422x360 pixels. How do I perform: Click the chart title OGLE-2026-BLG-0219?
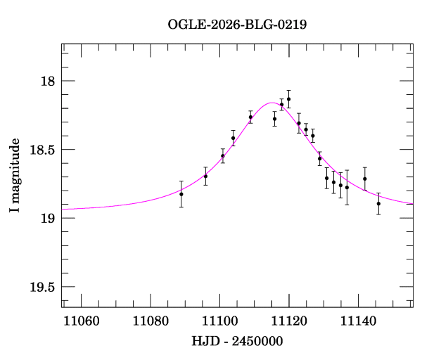237,24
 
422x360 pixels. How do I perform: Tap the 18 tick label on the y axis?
48,82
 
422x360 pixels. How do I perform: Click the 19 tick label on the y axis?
48,219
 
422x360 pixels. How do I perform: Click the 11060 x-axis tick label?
80,321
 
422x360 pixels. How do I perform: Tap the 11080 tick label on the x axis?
150,321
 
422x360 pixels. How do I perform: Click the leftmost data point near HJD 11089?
181,194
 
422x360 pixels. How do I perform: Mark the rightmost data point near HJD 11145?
378,203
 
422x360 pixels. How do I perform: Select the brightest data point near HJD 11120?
288,99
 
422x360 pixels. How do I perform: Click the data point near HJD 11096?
205,176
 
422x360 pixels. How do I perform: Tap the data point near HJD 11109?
250,117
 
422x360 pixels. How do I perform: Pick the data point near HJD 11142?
365,179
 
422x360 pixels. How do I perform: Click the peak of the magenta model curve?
271,103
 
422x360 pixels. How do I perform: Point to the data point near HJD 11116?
274,119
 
